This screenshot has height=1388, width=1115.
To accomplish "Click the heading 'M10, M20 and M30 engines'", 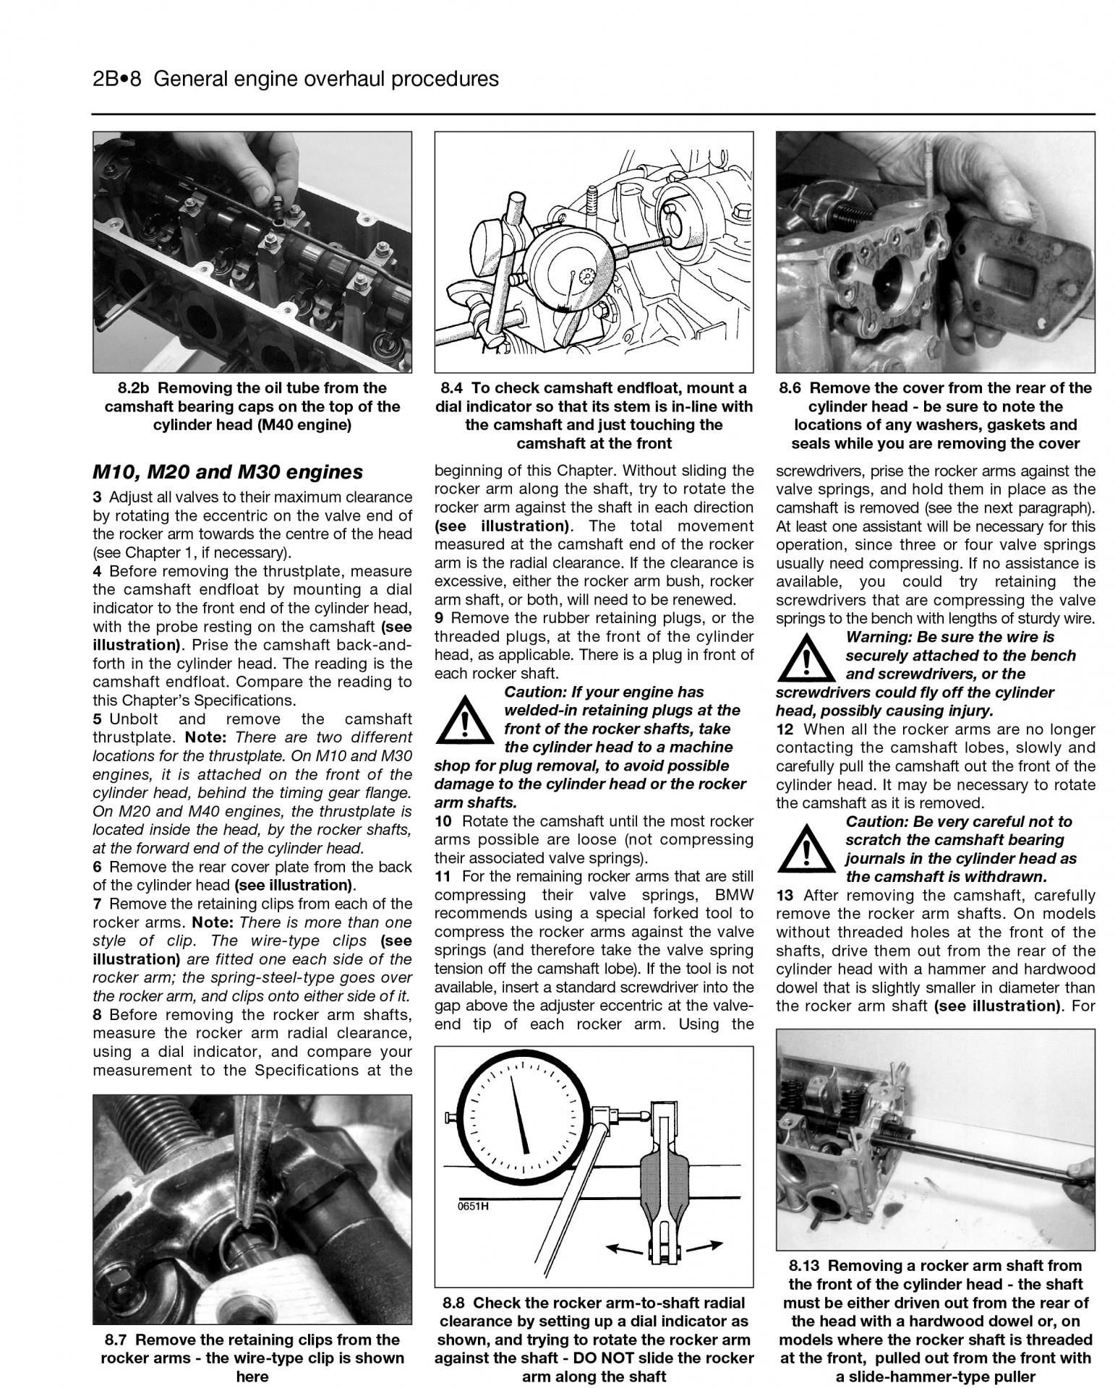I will (228, 472).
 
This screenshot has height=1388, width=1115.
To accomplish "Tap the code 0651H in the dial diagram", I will (473, 1206).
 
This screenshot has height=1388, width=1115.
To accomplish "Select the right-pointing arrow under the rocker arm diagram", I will (704, 1246).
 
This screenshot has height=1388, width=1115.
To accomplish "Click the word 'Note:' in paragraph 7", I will (212, 923).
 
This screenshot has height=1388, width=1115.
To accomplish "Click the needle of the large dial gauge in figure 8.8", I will (520, 1115).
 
